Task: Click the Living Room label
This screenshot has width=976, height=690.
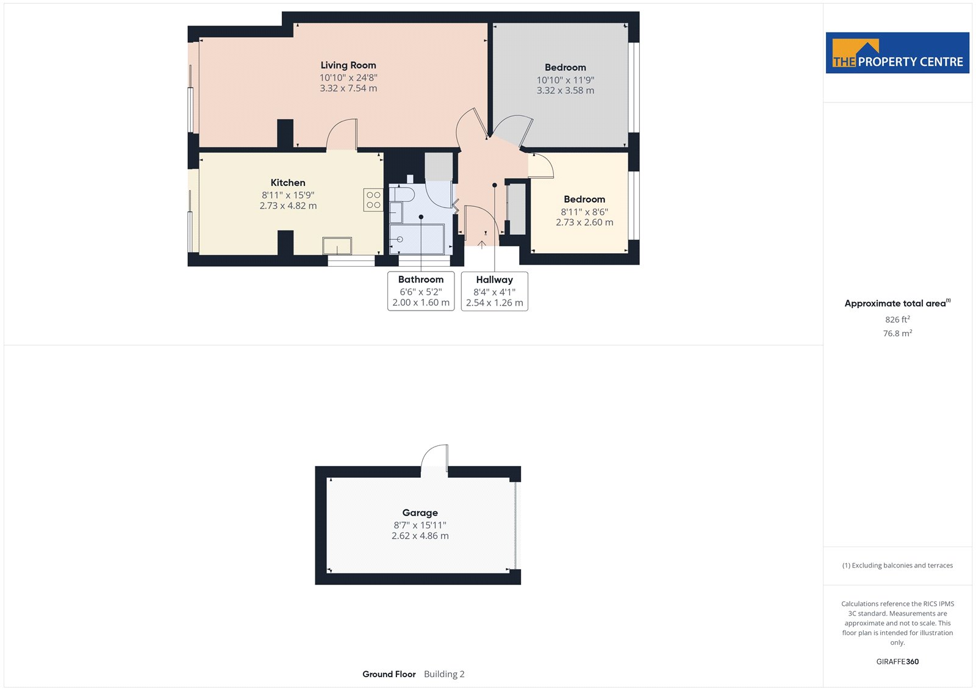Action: pyautogui.click(x=348, y=65)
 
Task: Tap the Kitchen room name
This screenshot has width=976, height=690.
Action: pyautogui.click(x=287, y=182)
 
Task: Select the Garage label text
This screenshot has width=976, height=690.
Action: pyautogui.click(x=420, y=512)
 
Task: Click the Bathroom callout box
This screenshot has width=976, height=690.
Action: pyautogui.click(x=421, y=291)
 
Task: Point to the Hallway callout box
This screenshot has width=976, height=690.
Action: pyautogui.click(x=495, y=291)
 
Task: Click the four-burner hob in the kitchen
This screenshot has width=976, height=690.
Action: pyautogui.click(x=373, y=200)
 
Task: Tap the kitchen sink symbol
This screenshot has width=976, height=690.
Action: pyautogui.click(x=337, y=246)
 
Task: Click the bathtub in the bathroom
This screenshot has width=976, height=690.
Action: pyautogui.click(x=417, y=239)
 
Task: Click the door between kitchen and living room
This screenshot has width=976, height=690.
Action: pyautogui.click(x=342, y=134)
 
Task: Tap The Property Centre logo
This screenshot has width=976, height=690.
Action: pyautogui.click(x=897, y=52)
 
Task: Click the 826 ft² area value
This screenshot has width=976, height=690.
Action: pyautogui.click(x=897, y=320)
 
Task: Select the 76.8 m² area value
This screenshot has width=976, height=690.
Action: pyautogui.click(x=897, y=334)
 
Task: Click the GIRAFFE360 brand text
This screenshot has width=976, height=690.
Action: pyautogui.click(x=897, y=661)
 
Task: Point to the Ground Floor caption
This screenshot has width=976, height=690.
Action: pyautogui.click(x=389, y=674)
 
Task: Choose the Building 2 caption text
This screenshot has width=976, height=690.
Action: pyautogui.click(x=444, y=674)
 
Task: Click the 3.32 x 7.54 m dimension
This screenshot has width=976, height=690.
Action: pyautogui.click(x=348, y=88)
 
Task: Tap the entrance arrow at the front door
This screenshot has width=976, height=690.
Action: pyautogui.click(x=481, y=245)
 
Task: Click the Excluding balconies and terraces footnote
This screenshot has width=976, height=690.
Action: pyautogui.click(x=897, y=566)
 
